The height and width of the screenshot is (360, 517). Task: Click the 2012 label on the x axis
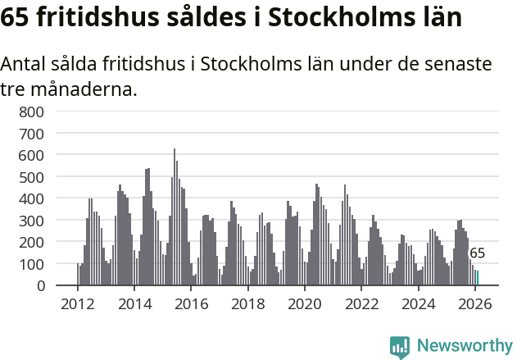click(x=78, y=303)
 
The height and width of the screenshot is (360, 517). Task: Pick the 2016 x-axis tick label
click(x=191, y=303)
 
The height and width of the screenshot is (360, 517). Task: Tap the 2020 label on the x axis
click(x=305, y=303)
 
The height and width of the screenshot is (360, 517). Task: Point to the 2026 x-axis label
click(x=475, y=303)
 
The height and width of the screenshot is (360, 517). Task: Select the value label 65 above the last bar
click(x=477, y=253)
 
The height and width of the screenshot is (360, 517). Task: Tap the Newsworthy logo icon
click(x=400, y=346)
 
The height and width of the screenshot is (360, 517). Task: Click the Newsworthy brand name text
click(x=465, y=346)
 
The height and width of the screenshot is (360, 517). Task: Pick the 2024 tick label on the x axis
click(x=419, y=303)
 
